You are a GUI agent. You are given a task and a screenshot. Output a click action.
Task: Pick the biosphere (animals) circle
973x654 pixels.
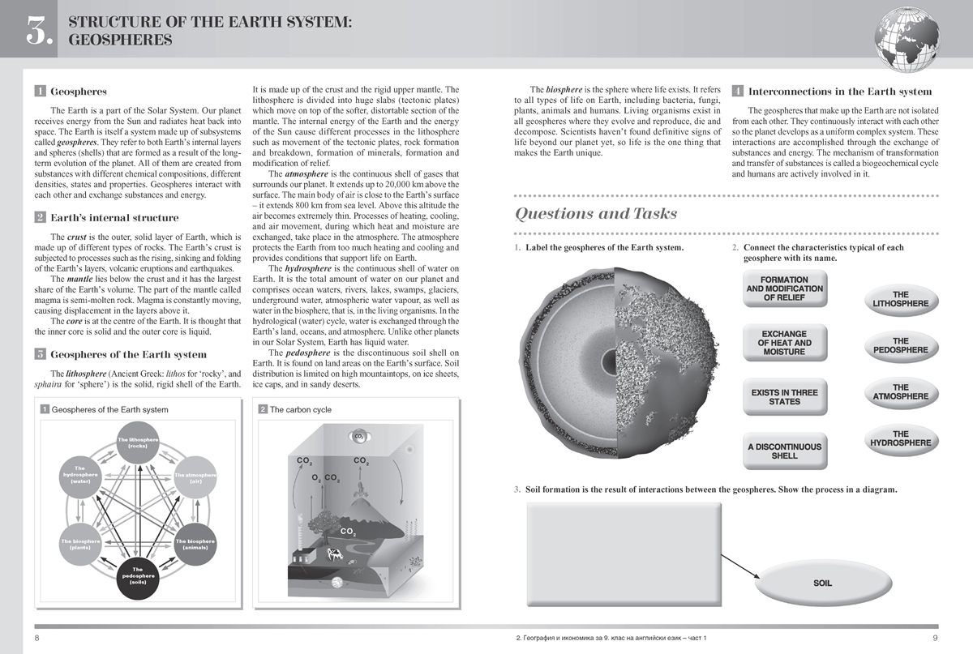[195, 544]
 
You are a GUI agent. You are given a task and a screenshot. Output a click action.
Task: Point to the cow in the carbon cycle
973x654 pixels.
[333, 554]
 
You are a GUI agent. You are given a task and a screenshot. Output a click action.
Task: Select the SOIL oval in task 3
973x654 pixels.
[822, 583]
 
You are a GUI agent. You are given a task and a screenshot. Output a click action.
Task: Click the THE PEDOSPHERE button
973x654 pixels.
[900, 346]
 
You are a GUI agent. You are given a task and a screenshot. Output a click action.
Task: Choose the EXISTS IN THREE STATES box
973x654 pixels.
[784, 397]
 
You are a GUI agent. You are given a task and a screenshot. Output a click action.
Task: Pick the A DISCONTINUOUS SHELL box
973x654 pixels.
[784, 451]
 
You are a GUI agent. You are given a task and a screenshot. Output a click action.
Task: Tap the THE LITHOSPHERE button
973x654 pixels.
[900, 300]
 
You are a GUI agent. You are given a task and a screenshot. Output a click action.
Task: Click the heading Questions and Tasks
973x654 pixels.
[597, 213]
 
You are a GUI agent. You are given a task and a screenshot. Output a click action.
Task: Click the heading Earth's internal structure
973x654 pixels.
[114, 218]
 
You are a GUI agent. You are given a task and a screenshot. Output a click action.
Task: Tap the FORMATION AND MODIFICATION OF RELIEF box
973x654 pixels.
[784, 289]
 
